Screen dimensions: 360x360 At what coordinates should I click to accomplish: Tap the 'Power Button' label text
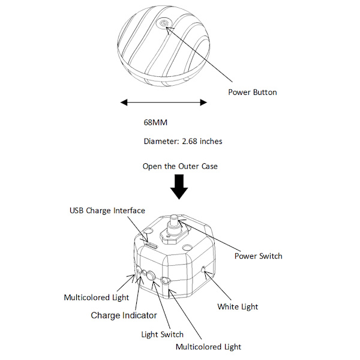[252, 92]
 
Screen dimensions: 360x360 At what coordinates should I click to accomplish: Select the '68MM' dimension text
[155, 122]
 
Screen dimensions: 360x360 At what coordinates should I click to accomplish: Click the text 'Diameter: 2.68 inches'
[183, 142]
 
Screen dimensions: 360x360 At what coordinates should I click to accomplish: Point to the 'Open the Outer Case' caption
[180, 166]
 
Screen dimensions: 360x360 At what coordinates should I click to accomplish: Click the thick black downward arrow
[179, 187]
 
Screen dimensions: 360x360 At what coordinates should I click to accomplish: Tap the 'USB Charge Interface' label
[107, 211]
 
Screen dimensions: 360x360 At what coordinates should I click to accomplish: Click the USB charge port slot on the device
[150, 245]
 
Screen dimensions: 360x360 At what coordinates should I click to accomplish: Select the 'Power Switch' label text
[257, 256]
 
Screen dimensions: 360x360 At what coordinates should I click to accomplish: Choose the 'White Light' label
[238, 307]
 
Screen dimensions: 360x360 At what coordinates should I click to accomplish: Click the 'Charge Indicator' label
[124, 316]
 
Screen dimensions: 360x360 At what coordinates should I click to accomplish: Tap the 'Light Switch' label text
[162, 334]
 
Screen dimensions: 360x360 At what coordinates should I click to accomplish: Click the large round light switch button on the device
[151, 277]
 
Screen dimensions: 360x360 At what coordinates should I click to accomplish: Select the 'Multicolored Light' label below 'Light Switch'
[208, 347]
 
